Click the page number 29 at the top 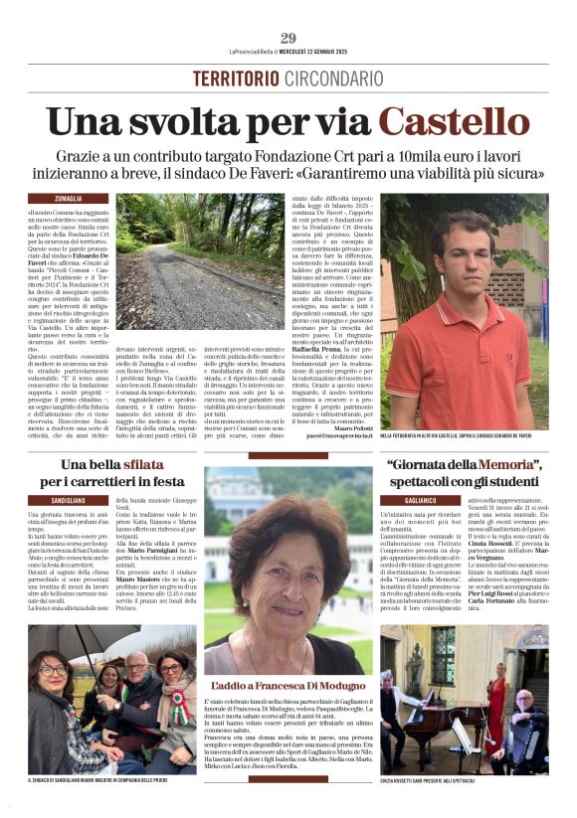tap(288, 39)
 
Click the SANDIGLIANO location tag tap(68, 499)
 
